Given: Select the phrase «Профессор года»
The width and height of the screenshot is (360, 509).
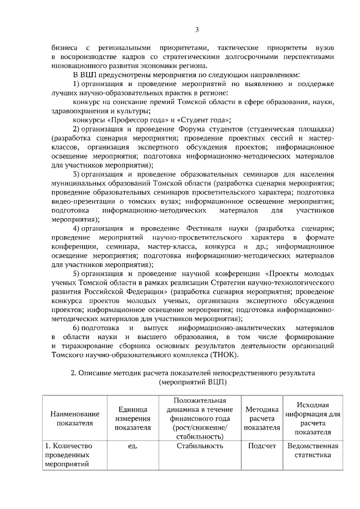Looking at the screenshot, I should point(128,119).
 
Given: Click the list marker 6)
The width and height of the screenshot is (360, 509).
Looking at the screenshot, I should point(80,328).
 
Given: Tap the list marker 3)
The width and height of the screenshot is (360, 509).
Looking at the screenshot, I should point(79,174).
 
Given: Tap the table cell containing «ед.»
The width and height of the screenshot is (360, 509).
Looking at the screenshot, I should point(133,446).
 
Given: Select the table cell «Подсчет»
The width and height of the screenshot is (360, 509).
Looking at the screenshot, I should point(262,446).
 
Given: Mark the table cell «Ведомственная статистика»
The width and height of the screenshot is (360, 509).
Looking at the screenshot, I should point(312,451).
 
